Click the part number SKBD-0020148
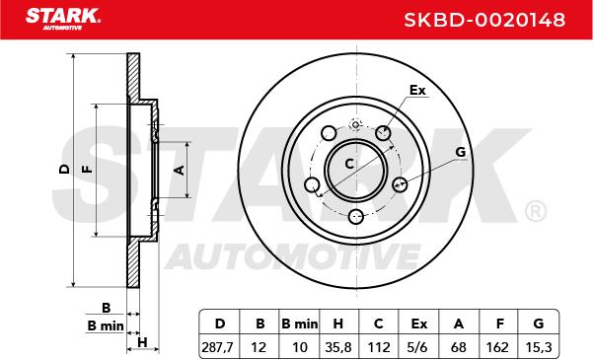[484, 20]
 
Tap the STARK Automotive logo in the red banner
[63, 19]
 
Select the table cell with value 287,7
[218, 347]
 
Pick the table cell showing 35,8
[337, 347]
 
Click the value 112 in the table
[379, 347]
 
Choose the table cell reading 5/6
[418, 347]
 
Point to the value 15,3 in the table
[539, 347]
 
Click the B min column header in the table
[300, 324]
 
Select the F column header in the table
[499, 324]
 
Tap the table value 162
[499, 347]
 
